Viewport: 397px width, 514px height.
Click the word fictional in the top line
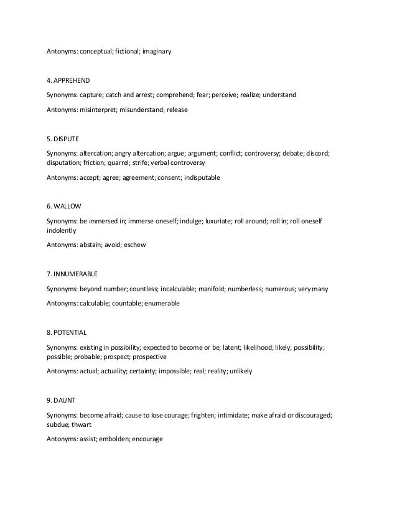[x=125, y=51]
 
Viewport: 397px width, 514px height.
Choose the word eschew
[x=134, y=244]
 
